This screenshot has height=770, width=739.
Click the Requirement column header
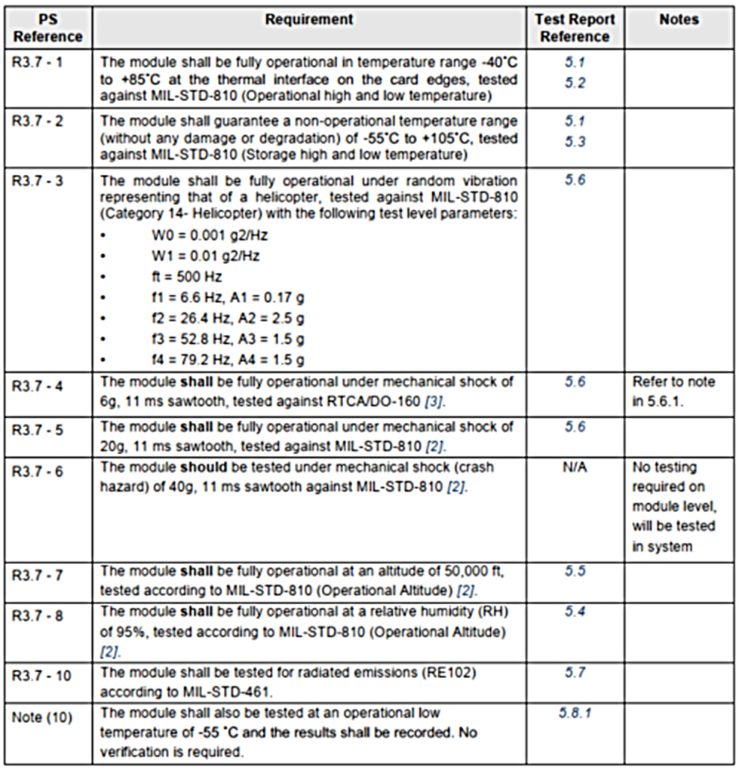point(308,20)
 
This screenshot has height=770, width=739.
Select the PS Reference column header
point(48,28)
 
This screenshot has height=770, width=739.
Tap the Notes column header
point(679,20)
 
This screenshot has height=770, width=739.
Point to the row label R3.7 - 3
point(38,182)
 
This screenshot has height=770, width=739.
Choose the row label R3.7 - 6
point(38,472)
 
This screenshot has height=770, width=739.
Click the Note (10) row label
point(42,717)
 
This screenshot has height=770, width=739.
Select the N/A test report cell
point(575,468)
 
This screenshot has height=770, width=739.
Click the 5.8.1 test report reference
point(575,712)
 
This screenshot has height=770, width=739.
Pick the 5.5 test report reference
point(575,570)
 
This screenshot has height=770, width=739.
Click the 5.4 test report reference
point(575,611)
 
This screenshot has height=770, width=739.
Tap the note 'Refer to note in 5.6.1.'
point(673,392)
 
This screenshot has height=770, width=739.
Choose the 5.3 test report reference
point(575,142)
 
